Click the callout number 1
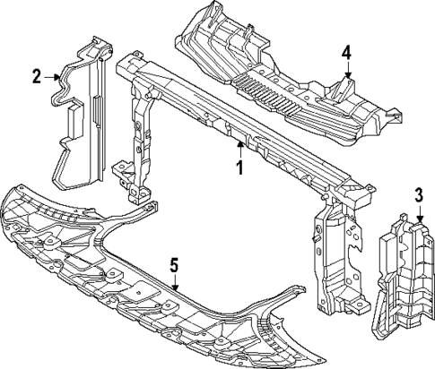[x=239, y=167]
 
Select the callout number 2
[x=37, y=77]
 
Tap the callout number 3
[x=417, y=195]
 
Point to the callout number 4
[x=346, y=52]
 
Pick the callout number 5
[x=175, y=264]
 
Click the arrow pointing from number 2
[x=56, y=78]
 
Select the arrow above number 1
[x=239, y=148]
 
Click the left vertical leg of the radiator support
[x=140, y=143]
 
